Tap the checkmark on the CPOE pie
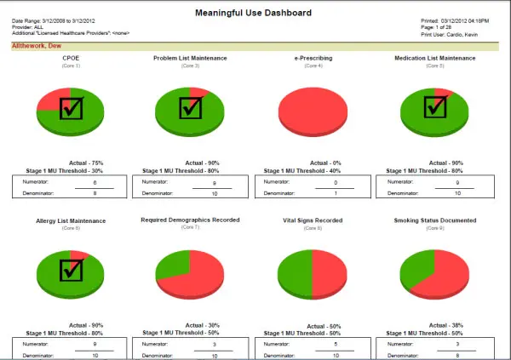[71, 108]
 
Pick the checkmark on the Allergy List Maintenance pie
[71, 270]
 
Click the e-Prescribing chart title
[313, 59]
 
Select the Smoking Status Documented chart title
[435, 220]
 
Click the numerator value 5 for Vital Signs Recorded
[336, 345]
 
